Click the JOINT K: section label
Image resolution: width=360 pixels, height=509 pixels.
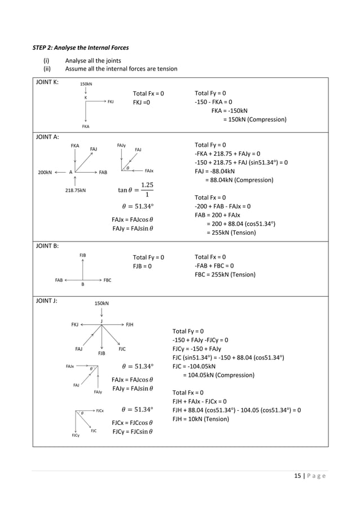pyautogui.click(x=50, y=83)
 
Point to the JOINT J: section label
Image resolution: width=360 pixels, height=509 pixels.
pyautogui.click(x=49, y=300)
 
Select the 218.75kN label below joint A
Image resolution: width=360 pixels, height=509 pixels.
pyautogui.click(x=76, y=190)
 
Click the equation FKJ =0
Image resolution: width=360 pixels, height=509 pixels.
pyautogui.click(x=145, y=102)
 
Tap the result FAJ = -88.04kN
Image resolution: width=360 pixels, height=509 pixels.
pyautogui.click(x=219, y=171)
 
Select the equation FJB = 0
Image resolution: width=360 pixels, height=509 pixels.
pyautogui.click(x=145, y=266)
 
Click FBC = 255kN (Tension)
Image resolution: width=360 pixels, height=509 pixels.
pyautogui.click(x=225, y=275)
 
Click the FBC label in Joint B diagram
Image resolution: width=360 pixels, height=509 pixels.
pyautogui.click(x=107, y=279)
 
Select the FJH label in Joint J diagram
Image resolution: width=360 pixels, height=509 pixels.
pyautogui.click(x=129, y=325)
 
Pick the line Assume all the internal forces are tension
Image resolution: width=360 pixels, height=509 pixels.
pyautogui.click(x=121, y=69)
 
